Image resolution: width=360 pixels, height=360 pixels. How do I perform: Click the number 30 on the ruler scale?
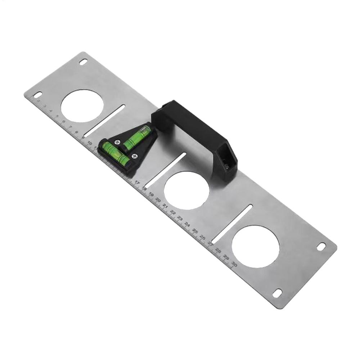234,264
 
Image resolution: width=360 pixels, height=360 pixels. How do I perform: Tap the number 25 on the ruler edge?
195,230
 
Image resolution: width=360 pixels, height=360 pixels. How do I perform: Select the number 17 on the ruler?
137,182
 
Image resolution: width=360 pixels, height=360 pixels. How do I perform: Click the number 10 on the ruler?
89,143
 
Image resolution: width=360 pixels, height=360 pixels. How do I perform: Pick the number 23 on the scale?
180,218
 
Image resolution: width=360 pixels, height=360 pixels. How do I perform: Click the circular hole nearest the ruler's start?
82,106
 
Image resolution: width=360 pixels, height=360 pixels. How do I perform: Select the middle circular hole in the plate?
186,190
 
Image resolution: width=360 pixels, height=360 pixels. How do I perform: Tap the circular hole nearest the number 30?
255,247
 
